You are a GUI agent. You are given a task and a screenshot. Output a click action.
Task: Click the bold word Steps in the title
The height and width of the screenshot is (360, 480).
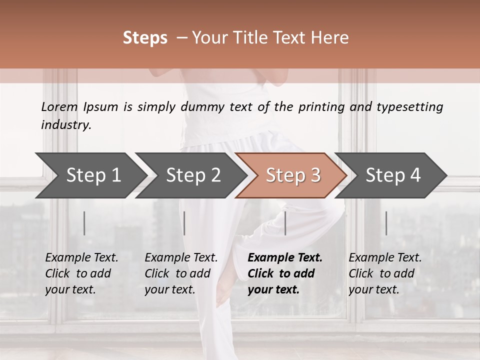pyautogui.click(x=145, y=38)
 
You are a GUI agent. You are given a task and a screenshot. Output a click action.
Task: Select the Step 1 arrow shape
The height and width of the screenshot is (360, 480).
pyautogui.click(x=90, y=175)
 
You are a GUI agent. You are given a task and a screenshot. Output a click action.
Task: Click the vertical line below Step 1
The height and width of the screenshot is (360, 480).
pyautogui.click(x=84, y=223)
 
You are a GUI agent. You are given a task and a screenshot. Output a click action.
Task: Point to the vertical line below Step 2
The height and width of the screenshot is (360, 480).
pyautogui.click(x=184, y=223)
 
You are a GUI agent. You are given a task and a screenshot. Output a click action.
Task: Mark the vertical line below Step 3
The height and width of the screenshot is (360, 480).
pyautogui.click(x=285, y=223)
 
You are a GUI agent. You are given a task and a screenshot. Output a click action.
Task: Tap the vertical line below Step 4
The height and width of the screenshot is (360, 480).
pyautogui.click(x=386, y=223)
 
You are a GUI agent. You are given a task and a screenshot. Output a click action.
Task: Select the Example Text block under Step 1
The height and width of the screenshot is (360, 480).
pyautogui.click(x=81, y=273)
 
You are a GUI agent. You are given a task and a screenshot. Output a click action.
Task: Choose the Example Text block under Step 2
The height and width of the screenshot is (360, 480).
pyautogui.click(x=181, y=273)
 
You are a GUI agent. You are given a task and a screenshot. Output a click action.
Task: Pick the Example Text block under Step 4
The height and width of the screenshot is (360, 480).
pyautogui.click(x=385, y=273)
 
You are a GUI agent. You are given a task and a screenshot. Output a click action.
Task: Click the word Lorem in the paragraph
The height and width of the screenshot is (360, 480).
pyautogui.click(x=59, y=106)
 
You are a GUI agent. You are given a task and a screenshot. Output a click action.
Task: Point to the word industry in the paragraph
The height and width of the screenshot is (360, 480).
pyautogui.click(x=65, y=125)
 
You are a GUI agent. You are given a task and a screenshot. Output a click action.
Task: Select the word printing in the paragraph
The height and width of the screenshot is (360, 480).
pyautogui.click(x=322, y=107)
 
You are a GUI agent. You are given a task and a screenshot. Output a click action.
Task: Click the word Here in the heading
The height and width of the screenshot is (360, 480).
pyautogui.click(x=330, y=38)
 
